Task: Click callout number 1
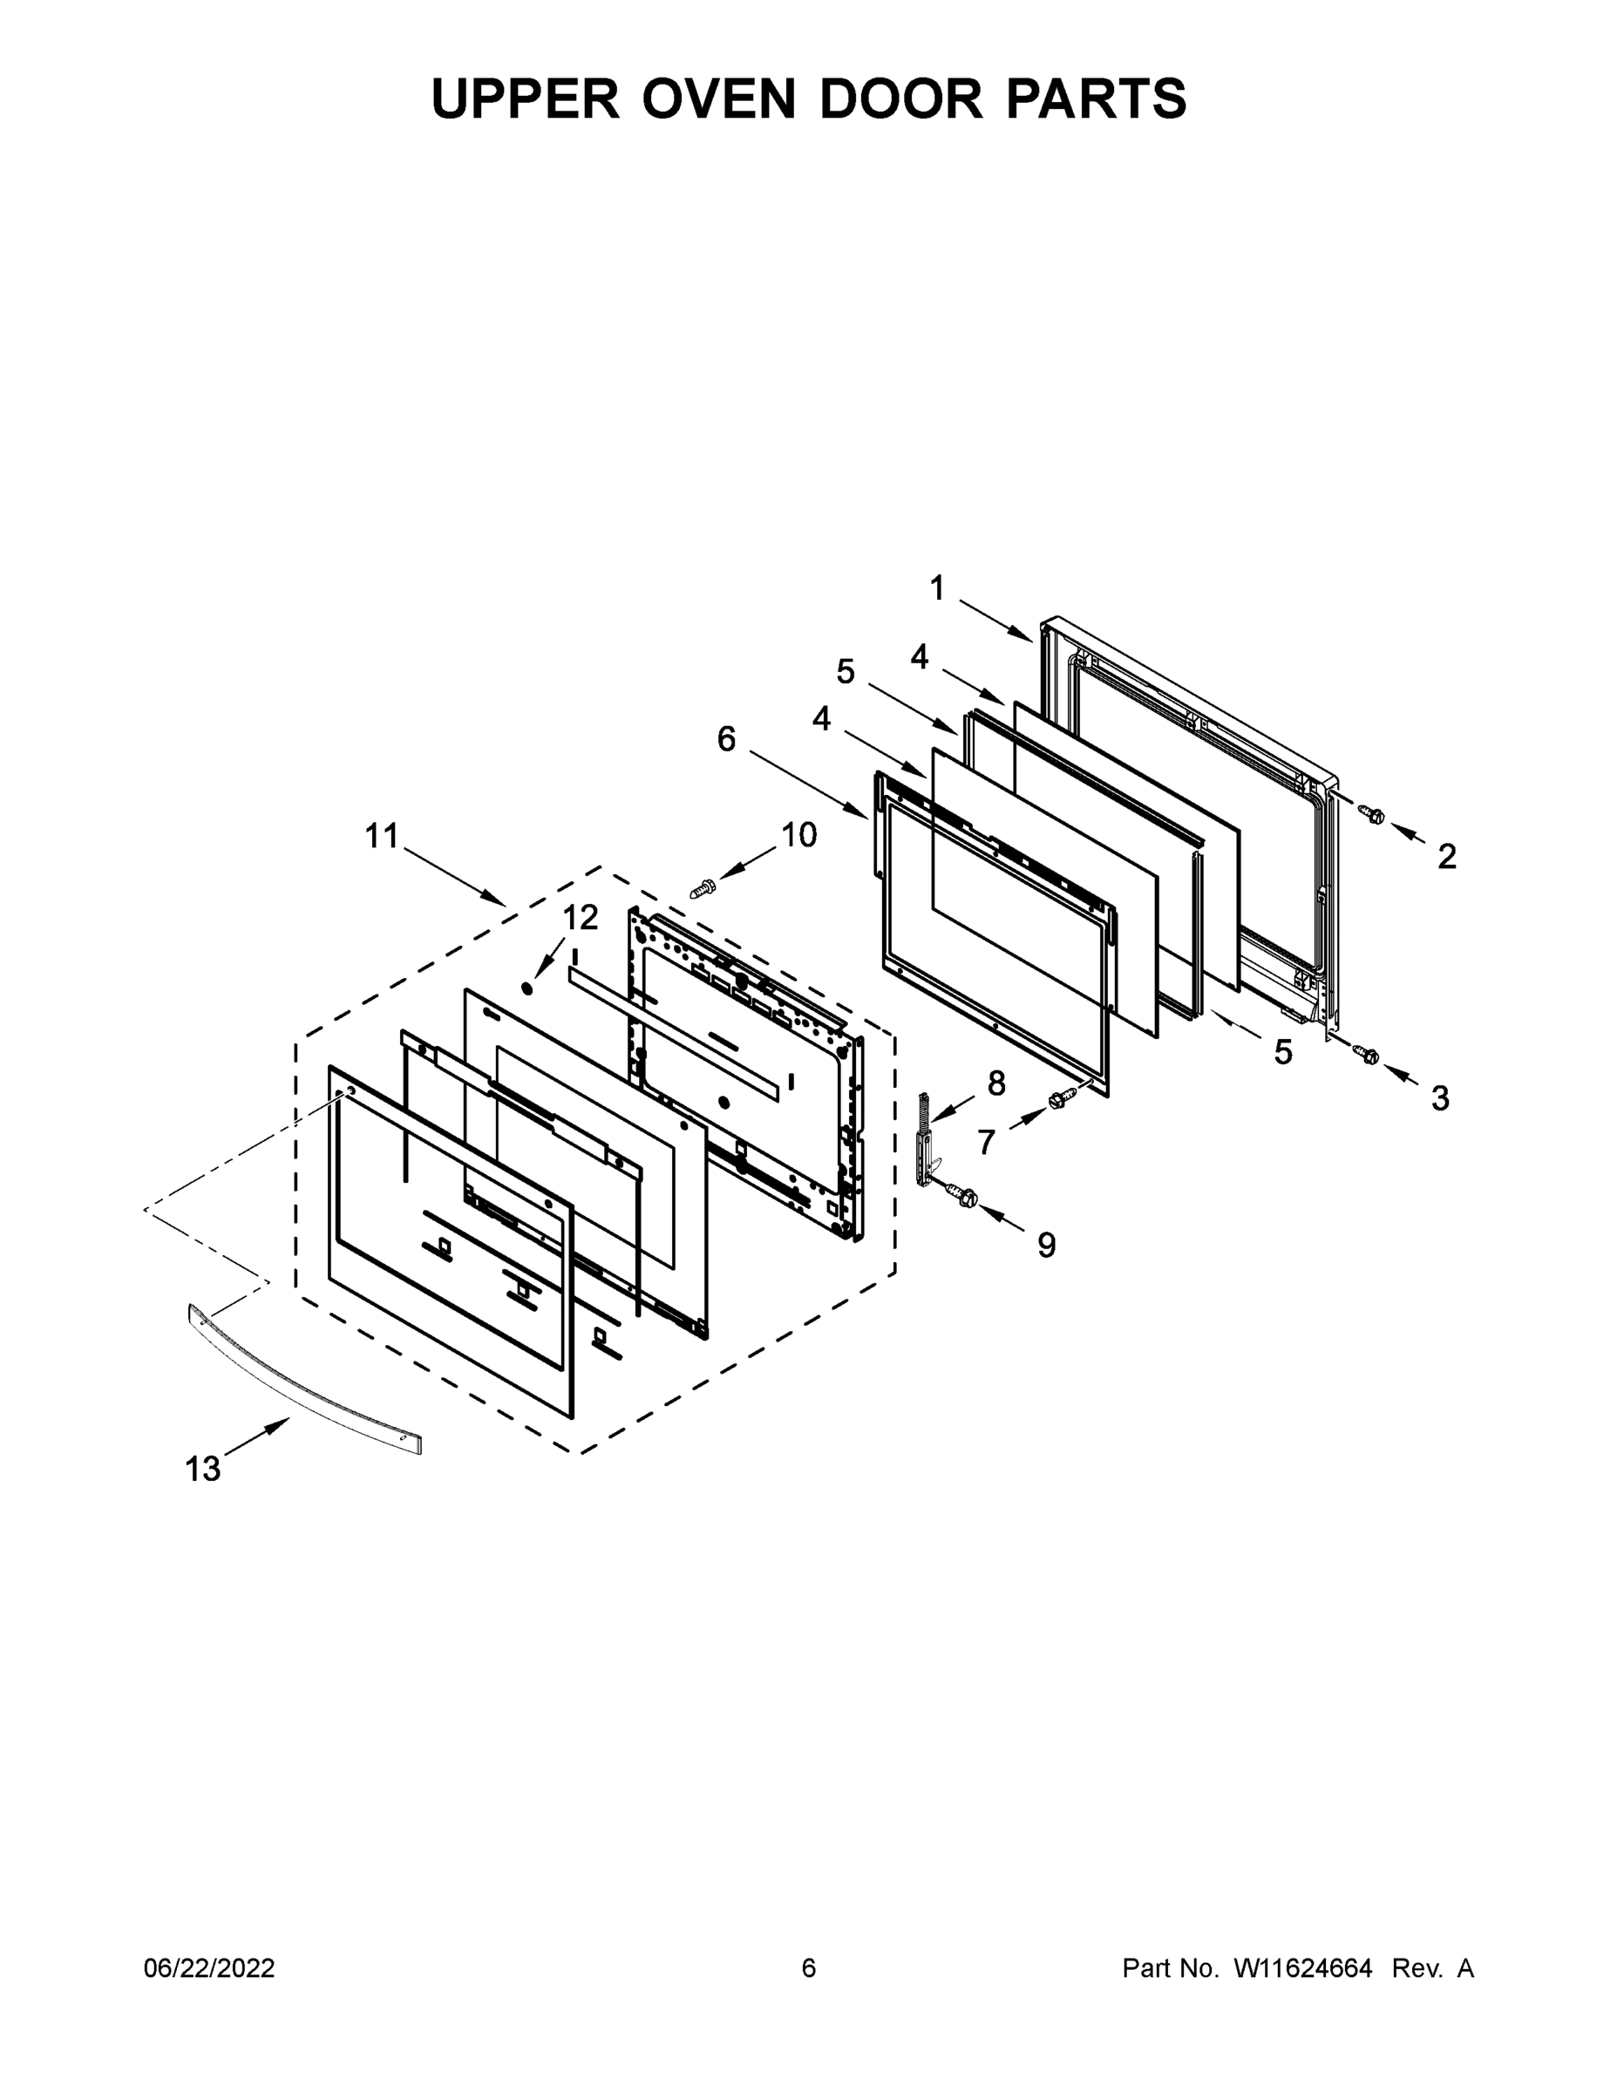coord(937,588)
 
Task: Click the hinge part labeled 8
coord(926,1140)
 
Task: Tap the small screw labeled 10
coord(703,889)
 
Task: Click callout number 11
coord(381,836)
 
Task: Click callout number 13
coord(202,1469)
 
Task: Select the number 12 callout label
coord(580,918)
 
